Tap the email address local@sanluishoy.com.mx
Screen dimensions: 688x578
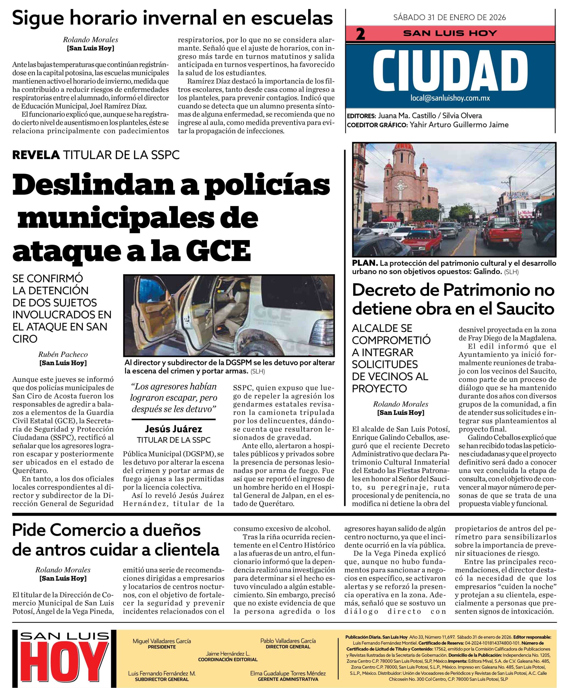click(x=450, y=98)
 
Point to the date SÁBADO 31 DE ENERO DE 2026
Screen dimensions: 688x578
click(x=450, y=17)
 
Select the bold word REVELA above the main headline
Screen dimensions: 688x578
click(x=36, y=155)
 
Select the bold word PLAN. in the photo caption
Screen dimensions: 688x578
click(x=365, y=263)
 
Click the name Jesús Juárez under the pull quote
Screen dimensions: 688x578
click(x=173, y=429)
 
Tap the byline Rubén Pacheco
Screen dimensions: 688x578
click(x=63, y=354)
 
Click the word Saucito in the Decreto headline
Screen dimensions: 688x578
click(x=525, y=309)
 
